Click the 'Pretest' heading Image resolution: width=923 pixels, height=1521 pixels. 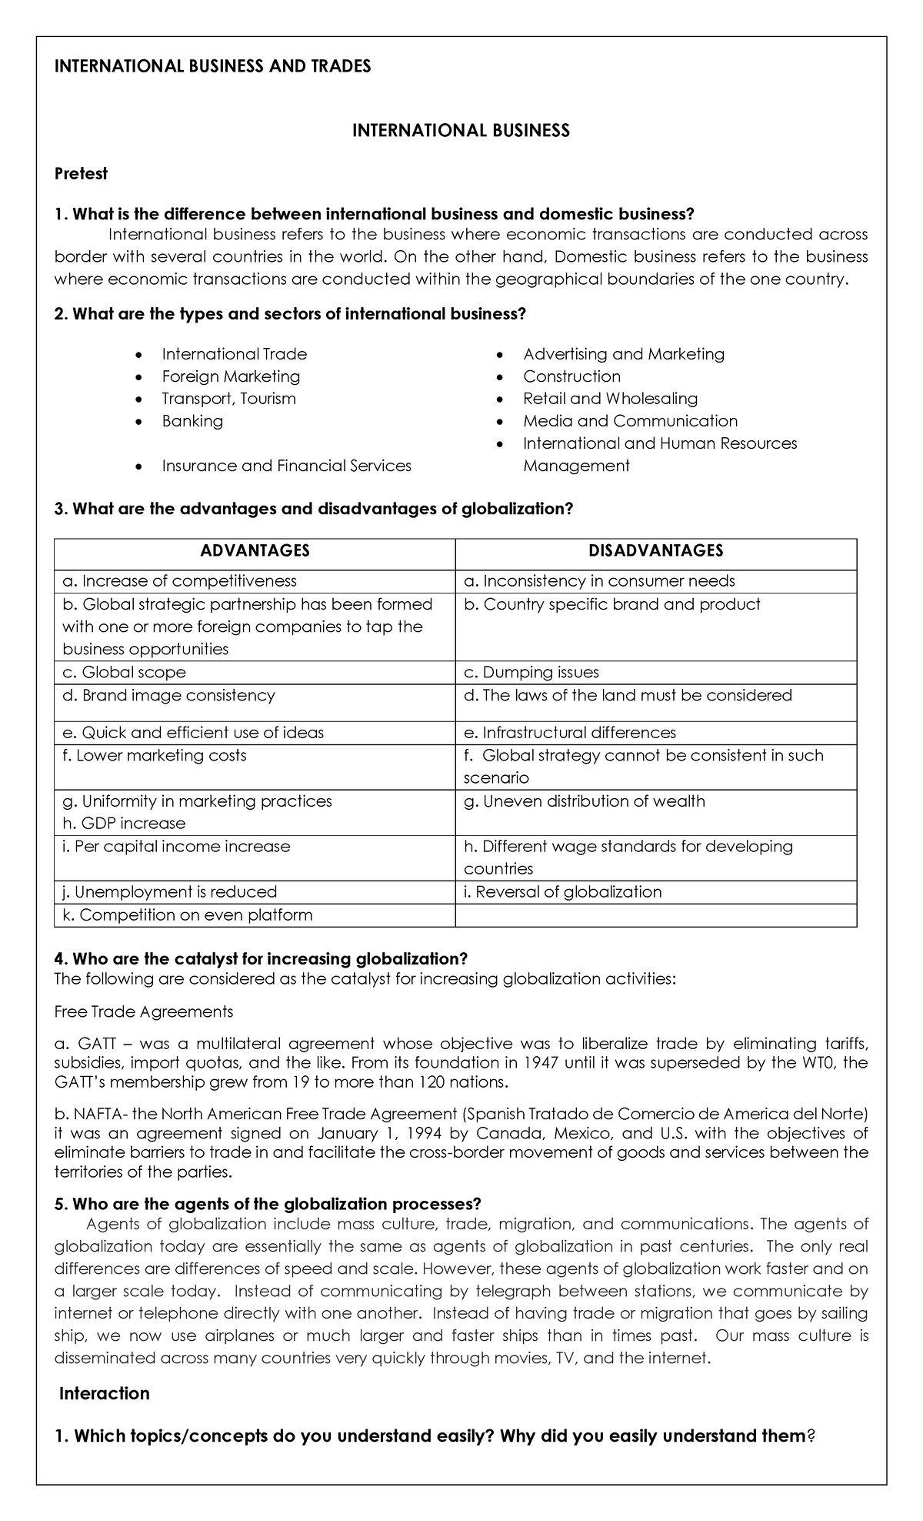tap(81, 174)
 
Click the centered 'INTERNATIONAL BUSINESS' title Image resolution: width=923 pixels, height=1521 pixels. tap(461, 131)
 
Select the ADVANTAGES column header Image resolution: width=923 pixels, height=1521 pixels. tap(255, 550)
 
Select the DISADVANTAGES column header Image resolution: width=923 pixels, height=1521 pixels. tap(655, 550)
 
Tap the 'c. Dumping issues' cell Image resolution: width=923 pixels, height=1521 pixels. tap(531, 672)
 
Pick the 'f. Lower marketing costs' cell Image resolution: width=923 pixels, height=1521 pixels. tap(155, 755)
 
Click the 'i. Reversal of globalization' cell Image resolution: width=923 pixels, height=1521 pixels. tap(562, 892)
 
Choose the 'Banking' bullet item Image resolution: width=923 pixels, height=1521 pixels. tap(192, 421)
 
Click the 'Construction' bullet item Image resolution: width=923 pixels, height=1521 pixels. tap(571, 376)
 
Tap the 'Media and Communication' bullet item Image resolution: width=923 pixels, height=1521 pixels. tap(630, 421)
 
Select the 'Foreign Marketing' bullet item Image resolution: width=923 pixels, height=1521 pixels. tap(231, 376)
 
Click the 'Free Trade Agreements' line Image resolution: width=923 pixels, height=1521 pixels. tap(144, 1011)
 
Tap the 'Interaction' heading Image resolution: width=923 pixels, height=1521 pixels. tap(105, 1394)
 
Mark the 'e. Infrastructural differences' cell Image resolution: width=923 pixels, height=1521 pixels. tap(569, 733)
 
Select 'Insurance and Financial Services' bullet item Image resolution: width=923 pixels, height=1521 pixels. tap(286, 466)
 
